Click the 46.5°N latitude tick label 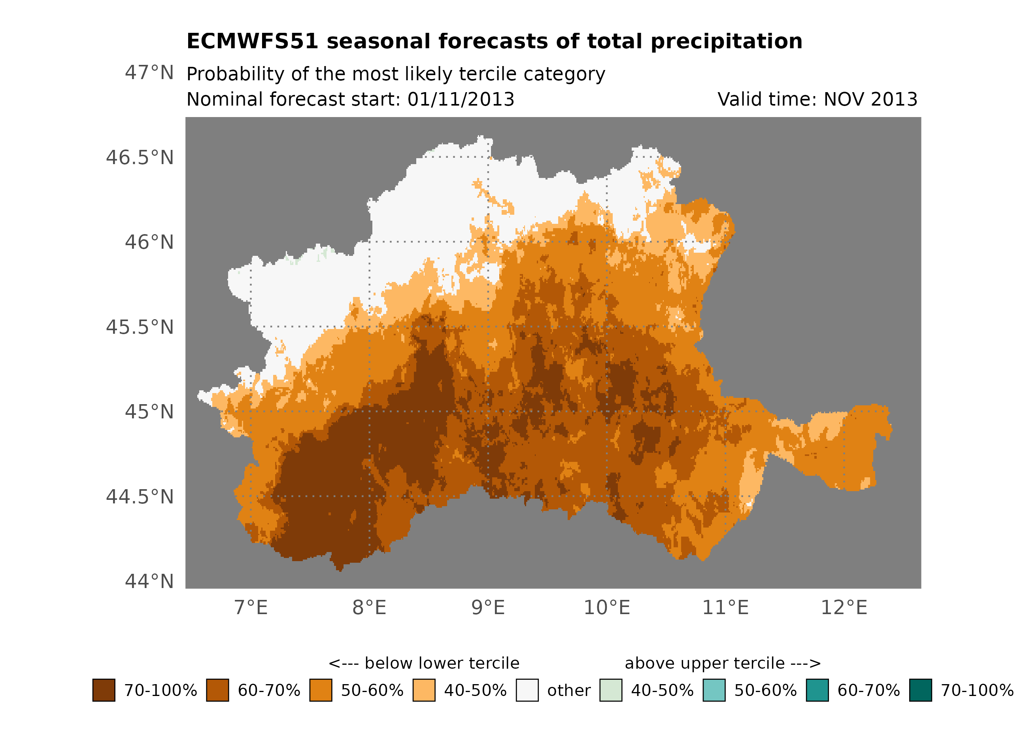point(140,158)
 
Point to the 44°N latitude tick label point(149,581)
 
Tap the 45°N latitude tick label point(149,412)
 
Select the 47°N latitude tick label point(149,72)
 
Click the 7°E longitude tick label point(251,607)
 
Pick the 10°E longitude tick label point(607,607)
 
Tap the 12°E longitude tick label point(844,607)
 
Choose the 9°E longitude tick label point(488,607)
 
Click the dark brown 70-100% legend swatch point(104,690)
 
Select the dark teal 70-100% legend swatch point(921,690)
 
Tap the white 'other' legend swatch point(527,690)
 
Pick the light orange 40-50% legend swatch point(424,690)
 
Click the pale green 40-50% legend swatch point(610,690)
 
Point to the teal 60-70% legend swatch point(817,690)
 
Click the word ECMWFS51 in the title point(253,42)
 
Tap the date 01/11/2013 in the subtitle point(461,100)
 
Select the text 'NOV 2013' point(870,100)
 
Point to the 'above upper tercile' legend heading point(704,663)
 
